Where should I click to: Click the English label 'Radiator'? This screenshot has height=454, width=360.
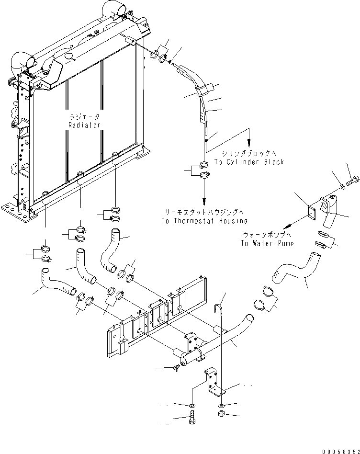tap(84, 125)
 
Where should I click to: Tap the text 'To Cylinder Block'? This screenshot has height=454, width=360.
tap(249, 162)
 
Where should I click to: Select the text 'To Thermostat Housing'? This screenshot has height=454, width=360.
tap(204, 221)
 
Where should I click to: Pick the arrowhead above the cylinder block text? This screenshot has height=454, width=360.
tap(249, 142)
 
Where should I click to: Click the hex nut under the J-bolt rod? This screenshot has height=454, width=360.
tap(222, 413)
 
